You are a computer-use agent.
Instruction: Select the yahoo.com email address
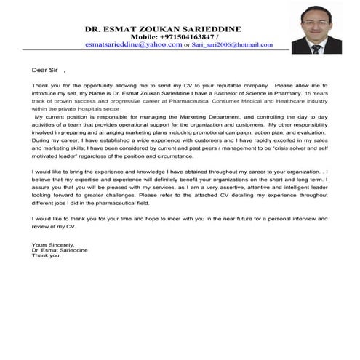[x=133, y=44]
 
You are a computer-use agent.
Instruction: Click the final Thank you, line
[x=47, y=255]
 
